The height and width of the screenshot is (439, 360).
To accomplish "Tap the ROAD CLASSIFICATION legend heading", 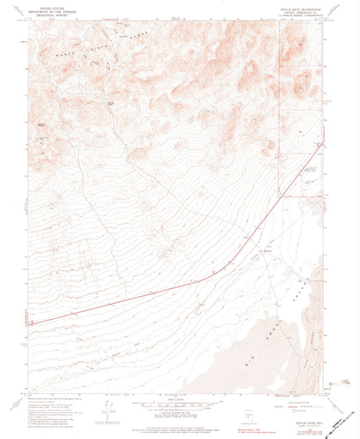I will click(297, 394).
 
